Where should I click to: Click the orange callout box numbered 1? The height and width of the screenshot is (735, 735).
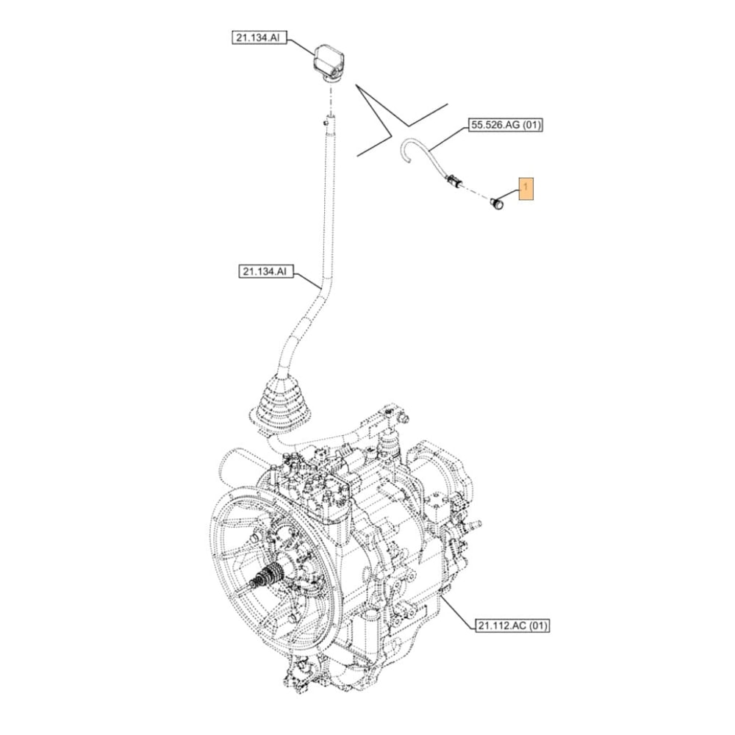[x=527, y=189]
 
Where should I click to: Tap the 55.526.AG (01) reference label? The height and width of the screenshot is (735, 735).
[x=505, y=126]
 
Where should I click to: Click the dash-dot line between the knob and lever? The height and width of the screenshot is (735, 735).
[x=331, y=96]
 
